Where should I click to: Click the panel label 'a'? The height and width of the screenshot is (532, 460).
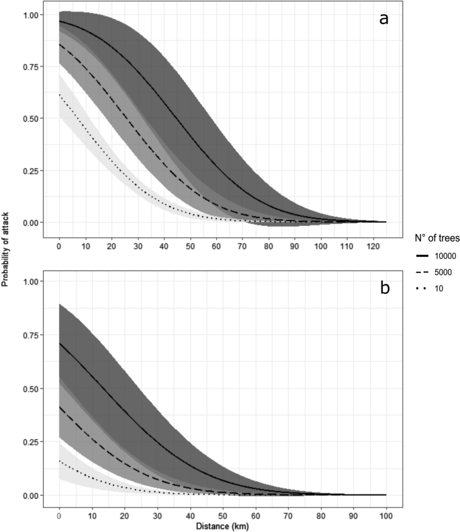click(383, 19)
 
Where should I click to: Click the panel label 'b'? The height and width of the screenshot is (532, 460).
click(384, 288)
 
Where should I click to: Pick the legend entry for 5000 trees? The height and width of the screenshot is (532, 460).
click(424, 272)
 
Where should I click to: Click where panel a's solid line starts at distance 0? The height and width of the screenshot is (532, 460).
click(60, 22)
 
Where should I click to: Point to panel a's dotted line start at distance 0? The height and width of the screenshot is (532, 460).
click(60, 95)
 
